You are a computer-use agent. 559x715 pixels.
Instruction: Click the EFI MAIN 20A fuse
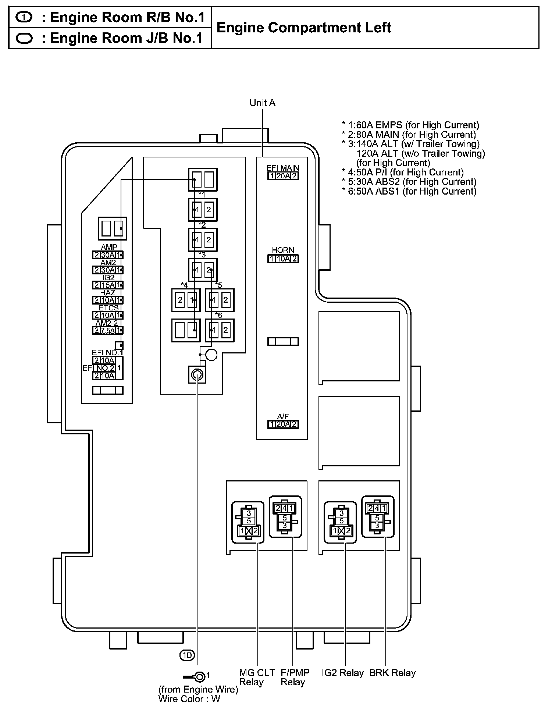[x=283, y=176]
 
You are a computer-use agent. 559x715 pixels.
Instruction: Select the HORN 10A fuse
[x=283, y=259]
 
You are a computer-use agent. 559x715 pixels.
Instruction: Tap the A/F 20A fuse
[x=283, y=424]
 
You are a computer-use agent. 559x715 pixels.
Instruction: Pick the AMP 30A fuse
[x=107, y=255]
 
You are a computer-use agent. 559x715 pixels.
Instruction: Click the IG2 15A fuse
[x=107, y=285]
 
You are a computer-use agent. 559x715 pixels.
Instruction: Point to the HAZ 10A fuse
[x=107, y=300]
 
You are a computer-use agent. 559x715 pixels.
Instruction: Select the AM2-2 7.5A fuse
[x=107, y=330]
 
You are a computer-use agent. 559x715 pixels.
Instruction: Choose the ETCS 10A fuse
[x=107, y=315]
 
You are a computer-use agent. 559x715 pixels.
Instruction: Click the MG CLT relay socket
[x=248, y=522]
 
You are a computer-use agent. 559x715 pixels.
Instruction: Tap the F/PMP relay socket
[x=285, y=517]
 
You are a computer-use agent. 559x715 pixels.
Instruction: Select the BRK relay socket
[x=378, y=517]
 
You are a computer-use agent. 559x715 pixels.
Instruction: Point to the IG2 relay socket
[x=340, y=522]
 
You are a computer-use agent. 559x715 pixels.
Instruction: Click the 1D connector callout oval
[x=187, y=655]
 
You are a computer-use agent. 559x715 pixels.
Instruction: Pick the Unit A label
[x=262, y=103]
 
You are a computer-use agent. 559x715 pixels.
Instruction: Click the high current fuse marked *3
[x=203, y=270]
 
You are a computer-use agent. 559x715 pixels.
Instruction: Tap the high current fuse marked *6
[x=220, y=330]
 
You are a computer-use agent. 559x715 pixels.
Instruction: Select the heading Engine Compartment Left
[x=304, y=28]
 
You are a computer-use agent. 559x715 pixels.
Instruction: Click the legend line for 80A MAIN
[x=409, y=135]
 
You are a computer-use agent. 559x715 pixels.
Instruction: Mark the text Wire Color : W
[x=189, y=699]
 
